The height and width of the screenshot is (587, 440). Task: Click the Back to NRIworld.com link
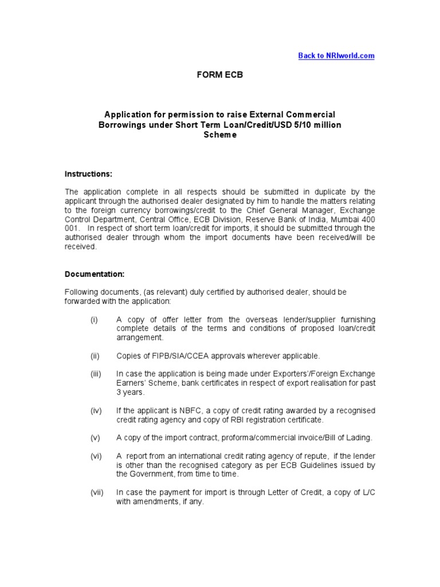point(336,56)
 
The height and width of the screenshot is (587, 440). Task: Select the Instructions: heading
point(88,174)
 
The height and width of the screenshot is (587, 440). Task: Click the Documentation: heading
point(94,275)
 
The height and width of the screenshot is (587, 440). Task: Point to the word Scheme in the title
point(219,135)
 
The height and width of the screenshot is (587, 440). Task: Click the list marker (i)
point(94,319)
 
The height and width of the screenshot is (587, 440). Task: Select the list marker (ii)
point(95,356)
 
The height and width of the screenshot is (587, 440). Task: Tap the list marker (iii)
point(95,374)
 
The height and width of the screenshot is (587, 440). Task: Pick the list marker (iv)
point(96,410)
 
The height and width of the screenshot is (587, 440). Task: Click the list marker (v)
point(95,438)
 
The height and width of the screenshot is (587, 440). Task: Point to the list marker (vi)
point(96,456)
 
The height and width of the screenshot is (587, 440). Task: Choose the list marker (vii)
point(96,492)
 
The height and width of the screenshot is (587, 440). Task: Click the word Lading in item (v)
point(359,438)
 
